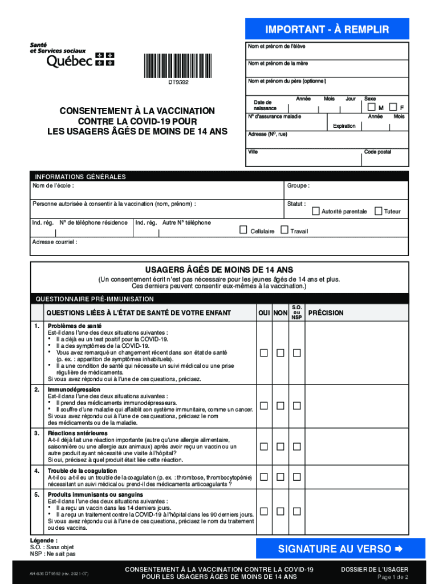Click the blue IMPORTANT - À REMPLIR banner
[327, 30]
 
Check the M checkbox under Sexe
[372, 107]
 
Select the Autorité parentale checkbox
[316, 211]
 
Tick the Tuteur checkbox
[378, 211]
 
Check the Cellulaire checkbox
[243, 230]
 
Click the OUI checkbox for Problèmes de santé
[264, 353]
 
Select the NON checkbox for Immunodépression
[281, 405]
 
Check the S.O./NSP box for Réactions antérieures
[297, 447]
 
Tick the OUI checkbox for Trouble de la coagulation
[264, 476]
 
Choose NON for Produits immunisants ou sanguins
[281, 511]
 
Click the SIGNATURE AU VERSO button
[332, 549]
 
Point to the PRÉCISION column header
[326, 313]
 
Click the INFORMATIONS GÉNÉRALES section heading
[80, 177]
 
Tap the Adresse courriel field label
[55, 242]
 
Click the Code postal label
[377, 152]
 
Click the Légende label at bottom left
[44, 540]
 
